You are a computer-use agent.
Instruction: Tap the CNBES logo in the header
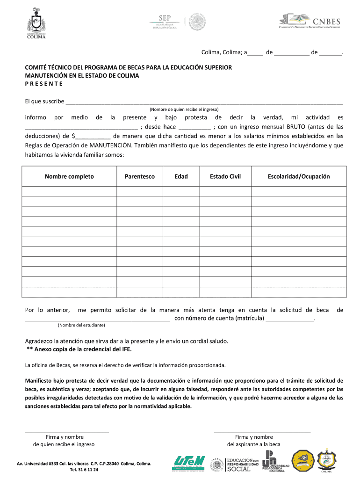(x=310, y=22)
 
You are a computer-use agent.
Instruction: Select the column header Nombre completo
(x=69, y=176)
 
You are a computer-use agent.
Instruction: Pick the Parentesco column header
(x=140, y=176)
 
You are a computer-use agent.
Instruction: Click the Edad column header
(x=181, y=176)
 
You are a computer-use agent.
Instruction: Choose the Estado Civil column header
(x=225, y=176)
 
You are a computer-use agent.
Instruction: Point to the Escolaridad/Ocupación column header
(x=299, y=176)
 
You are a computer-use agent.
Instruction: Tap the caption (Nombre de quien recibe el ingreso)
(x=184, y=109)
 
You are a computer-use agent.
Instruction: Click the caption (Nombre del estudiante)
(x=81, y=325)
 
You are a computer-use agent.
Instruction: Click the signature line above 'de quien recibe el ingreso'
(x=67, y=430)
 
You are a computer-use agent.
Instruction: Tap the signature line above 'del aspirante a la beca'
(x=262, y=430)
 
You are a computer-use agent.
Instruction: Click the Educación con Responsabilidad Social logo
(x=242, y=464)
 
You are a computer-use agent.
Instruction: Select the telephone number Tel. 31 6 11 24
(x=84, y=470)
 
